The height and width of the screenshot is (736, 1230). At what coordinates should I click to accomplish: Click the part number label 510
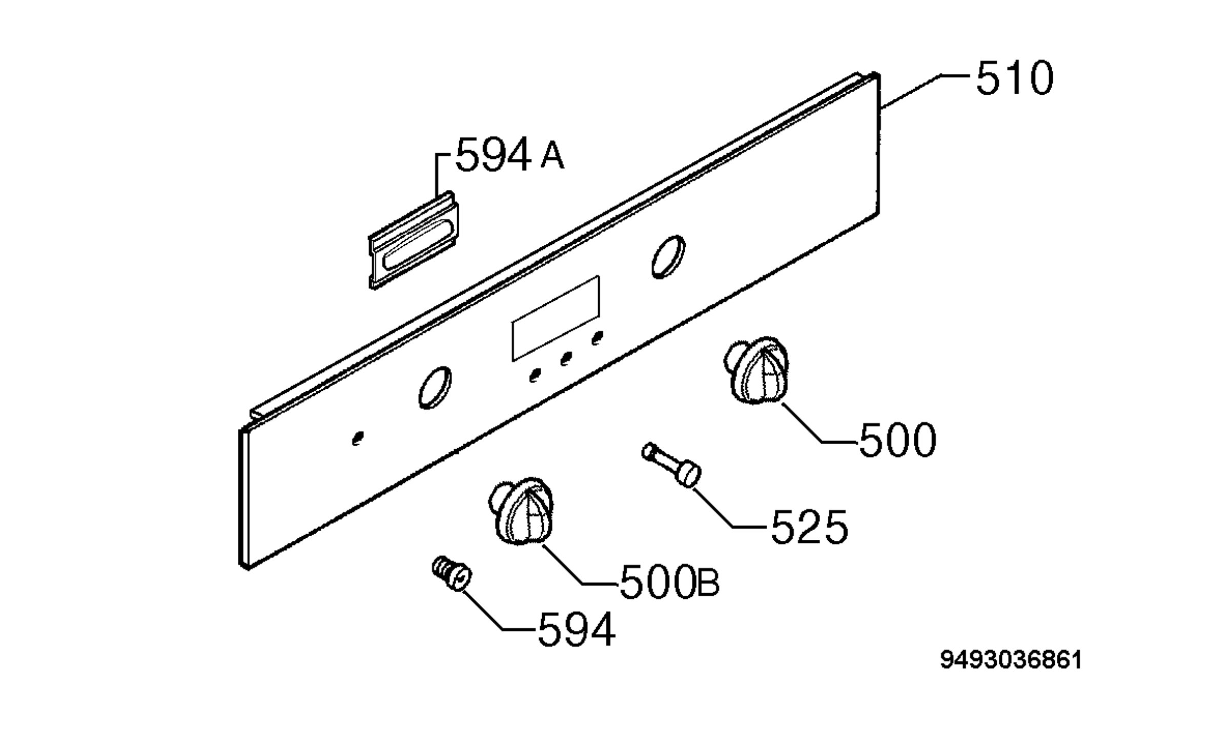(x=1014, y=78)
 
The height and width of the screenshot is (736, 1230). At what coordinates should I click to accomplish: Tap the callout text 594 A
(x=510, y=154)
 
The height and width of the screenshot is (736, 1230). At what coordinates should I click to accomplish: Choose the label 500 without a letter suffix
(x=897, y=439)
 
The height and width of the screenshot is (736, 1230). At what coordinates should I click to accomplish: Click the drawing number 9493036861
(x=1011, y=660)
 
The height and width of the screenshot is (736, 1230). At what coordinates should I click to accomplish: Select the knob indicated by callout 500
(x=756, y=371)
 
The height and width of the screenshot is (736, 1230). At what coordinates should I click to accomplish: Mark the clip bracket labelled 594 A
(x=414, y=240)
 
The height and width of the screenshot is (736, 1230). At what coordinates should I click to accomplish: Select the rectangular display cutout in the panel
(x=556, y=318)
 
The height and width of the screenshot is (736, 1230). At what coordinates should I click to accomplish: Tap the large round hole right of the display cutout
(x=668, y=257)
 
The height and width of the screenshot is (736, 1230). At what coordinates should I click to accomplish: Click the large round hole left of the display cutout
(x=435, y=387)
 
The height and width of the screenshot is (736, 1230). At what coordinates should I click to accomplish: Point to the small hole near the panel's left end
(x=358, y=438)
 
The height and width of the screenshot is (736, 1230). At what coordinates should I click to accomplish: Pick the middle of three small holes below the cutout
(x=566, y=358)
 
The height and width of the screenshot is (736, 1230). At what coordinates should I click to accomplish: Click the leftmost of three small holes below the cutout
(x=535, y=375)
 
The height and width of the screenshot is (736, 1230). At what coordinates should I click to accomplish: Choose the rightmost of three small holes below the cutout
(x=597, y=338)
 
